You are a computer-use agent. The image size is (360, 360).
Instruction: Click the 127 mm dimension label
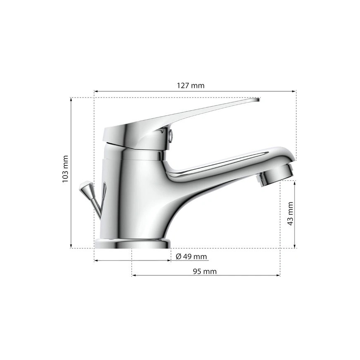click(x=191, y=85)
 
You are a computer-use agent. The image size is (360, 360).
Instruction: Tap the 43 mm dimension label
click(x=290, y=214)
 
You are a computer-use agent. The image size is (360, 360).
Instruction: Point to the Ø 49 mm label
click(x=191, y=257)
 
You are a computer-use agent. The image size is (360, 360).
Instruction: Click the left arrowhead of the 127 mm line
click(x=96, y=91)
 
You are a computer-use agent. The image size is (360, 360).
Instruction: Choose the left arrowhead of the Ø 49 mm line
click(x=96, y=260)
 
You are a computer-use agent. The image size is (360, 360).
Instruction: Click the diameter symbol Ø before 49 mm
click(x=178, y=257)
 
